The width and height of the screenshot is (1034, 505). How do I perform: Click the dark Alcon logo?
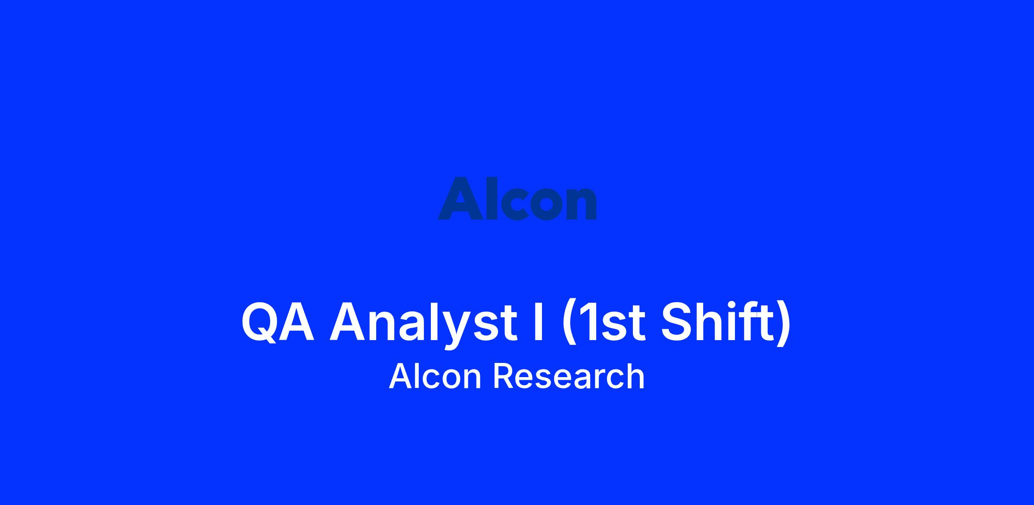517,198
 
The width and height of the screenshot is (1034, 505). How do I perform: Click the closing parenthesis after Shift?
785,322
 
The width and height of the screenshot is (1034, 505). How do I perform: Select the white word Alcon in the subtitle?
435,376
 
